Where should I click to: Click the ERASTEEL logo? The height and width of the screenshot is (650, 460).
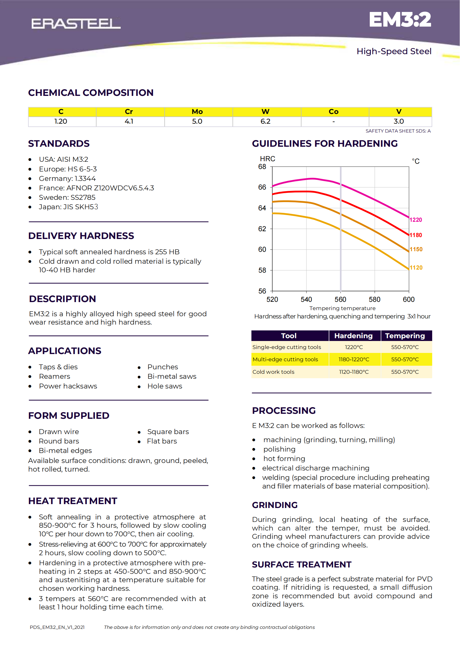tap(76, 24)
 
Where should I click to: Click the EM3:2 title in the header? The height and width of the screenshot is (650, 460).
tap(400, 19)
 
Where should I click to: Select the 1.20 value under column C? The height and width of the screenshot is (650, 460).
tap(61, 121)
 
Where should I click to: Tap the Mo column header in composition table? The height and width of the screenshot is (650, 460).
tap(197, 111)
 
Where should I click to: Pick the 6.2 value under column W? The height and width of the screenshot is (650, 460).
tap(265, 121)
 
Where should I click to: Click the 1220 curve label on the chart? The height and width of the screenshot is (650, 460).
tap(416, 220)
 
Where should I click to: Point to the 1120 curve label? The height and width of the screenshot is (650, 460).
tap(416, 268)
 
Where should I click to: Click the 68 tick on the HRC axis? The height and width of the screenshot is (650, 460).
tap(262, 167)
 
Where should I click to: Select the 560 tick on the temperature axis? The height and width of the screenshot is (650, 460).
tap(340, 300)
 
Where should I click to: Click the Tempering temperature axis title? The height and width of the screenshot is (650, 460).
tap(342, 308)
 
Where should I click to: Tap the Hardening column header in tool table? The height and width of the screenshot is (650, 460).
tap(353, 336)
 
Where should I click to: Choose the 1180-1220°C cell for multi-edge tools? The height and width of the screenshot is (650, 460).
tap(354, 359)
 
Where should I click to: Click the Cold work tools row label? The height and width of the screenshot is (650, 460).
tap(273, 372)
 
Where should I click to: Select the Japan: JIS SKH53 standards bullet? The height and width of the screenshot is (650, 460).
tap(68, 207)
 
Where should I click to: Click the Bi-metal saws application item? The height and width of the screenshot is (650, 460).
tap(172, 376)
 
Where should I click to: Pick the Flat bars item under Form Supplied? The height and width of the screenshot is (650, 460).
tap(162, 441)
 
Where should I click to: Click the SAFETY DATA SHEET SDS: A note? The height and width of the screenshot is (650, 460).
tap(398, 131)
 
